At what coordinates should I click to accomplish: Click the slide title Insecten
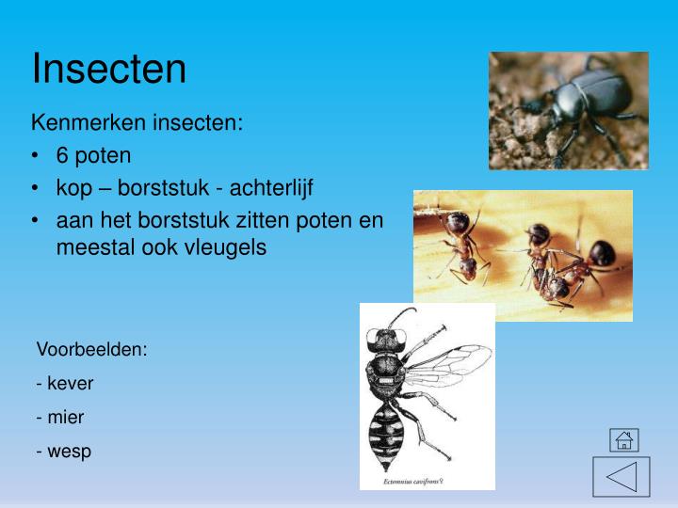[109, 69]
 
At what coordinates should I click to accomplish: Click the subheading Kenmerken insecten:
[137, 123]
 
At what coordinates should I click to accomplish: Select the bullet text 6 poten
[93, 154]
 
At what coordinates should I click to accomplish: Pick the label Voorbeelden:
[92, 349]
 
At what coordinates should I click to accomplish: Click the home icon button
[623, 439]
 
